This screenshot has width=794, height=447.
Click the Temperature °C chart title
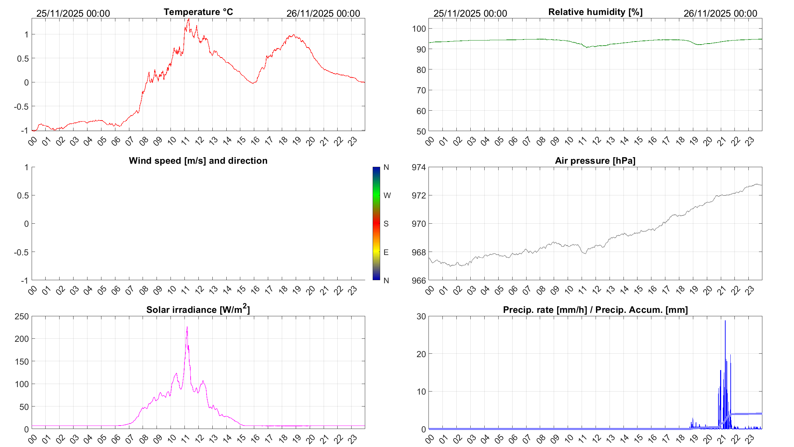pos(198,12)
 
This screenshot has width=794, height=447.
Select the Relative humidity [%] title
pos(595,12)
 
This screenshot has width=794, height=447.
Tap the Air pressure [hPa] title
pos(595,161)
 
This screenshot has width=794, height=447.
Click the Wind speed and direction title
pos(198,161)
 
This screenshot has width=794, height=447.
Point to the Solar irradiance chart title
pos(198,309)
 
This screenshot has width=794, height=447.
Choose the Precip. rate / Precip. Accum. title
pos(595,310)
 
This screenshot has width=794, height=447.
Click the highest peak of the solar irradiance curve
pos(187,327)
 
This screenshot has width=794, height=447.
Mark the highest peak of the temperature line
pos(189,19)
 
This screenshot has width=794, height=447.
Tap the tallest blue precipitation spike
pos(725,321)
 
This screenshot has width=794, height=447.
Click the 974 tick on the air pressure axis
pos(419,167)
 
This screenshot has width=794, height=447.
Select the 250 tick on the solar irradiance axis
pos(22,316)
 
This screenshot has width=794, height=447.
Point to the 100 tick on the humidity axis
pos(419,29)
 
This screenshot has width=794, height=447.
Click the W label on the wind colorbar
pos(387,195)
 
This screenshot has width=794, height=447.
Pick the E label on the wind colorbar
pos(386,252)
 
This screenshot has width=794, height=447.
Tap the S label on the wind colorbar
pos(386,224)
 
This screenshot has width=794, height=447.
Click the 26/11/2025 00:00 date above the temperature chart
pos(323,13)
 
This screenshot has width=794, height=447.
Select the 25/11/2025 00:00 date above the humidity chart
pos(470,13)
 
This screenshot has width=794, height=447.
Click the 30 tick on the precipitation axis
pos(421,316)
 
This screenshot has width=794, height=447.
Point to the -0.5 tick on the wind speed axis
pos(21,252)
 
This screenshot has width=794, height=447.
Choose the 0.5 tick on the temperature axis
pos(23,59)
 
